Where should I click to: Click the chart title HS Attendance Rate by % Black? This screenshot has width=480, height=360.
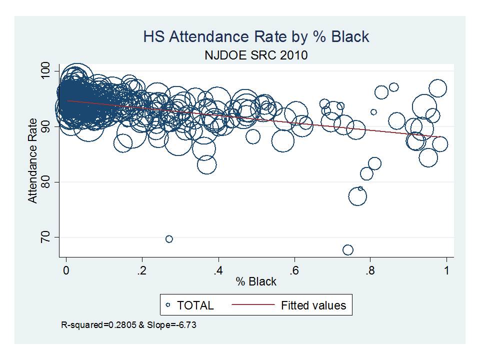click(256, 36)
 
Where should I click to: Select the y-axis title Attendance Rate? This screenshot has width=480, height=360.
click(32, 160)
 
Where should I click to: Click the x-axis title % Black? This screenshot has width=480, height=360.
click(256, 281)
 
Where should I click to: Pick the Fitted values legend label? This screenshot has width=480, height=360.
click(313, 305)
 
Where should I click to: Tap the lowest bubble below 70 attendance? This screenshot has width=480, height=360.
click(348, 249)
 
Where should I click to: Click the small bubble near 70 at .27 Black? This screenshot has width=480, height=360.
click(169, 239)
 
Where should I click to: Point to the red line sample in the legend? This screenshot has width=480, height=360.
click(253, 305)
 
